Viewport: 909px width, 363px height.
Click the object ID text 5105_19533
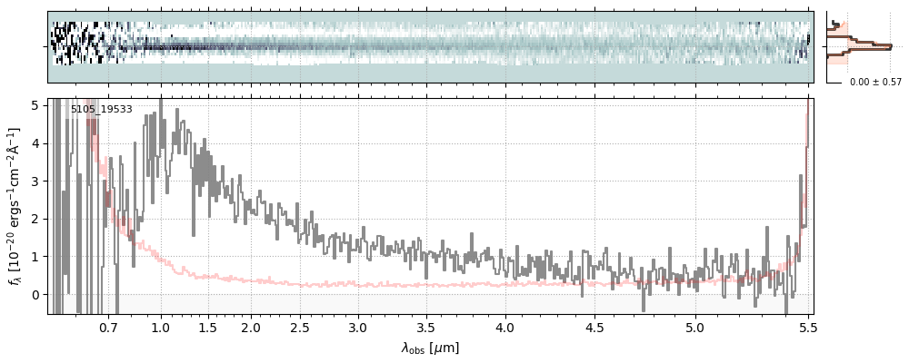pos(102,110)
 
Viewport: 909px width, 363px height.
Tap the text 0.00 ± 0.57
pos(875,83)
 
